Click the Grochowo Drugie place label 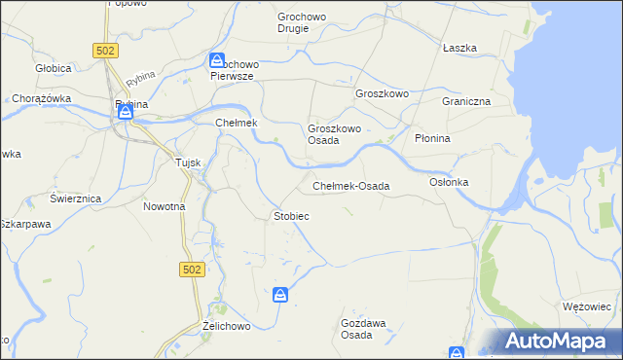coord(307,22)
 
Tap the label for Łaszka coord(458,48)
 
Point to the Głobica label coord(53,68)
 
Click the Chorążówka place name coord(37,98)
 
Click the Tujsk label coord(187,162)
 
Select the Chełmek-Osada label coord(350,186)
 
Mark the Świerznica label coord(76,198)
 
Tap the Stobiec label coord(291,215)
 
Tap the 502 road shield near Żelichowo coord(191,270)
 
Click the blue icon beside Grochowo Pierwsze coord(218,60)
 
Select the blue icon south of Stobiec coord(280,294)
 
